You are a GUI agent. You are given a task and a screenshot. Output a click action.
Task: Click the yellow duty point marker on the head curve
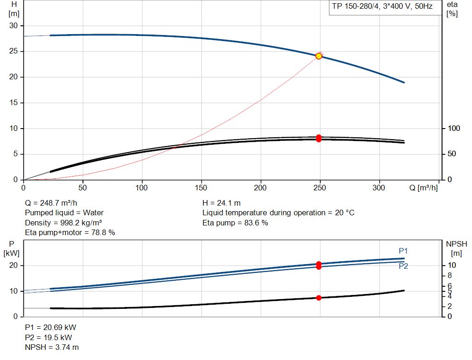(319, 56)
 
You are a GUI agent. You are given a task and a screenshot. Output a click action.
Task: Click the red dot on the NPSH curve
(319, 298)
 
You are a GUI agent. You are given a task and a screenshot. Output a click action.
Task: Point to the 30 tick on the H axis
(13, 26)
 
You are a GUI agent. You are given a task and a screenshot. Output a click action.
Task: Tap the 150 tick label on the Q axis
(201, 188)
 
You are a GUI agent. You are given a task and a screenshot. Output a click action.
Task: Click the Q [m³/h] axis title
(423, 188)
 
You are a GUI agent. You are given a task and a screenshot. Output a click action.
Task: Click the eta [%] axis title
(452, 9)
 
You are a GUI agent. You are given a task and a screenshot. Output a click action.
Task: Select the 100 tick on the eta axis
(454, 128)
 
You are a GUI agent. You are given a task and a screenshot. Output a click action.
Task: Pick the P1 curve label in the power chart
(403, 251)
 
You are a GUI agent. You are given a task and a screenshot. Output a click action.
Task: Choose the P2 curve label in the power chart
(403, 266)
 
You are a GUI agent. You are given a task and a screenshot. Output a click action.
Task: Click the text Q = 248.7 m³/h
(51, 203)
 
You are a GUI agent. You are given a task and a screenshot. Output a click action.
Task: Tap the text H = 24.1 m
(222, 203)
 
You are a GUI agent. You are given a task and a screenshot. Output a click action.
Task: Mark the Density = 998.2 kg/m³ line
(63, 223)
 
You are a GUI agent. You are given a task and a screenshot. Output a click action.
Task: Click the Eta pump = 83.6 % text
(235, 223)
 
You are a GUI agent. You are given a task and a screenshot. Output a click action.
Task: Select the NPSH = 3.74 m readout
(52, 348)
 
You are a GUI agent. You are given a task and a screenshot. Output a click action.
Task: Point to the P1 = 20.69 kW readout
(51, 327)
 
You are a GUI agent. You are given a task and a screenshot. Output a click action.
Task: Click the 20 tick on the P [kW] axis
(13, 265)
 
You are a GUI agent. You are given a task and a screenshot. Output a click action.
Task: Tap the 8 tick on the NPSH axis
(450, 276)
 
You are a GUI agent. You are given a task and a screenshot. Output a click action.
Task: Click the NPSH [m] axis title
(456, 248)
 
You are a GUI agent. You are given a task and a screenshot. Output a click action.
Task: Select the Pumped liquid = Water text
(64, 213)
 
